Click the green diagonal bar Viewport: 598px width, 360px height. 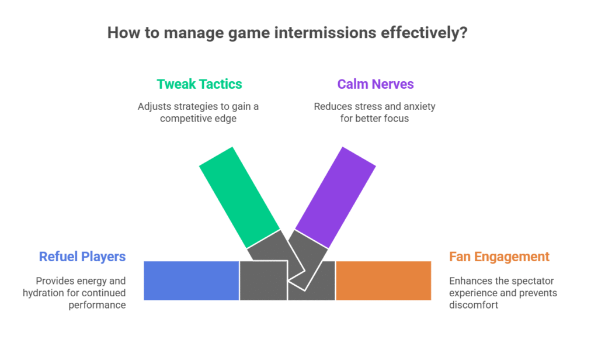[x=239, y=198]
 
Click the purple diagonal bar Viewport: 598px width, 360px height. [x=336, y=198]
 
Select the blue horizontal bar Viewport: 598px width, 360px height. [x=192, y=281]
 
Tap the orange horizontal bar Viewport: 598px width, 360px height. [x=384, y=281]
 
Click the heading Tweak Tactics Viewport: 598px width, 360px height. [x=199, y=84]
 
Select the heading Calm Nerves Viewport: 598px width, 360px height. [x=376, y=84]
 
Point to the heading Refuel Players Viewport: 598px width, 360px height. [x=82, y=257]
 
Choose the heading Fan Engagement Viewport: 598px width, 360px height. [x=499, y=257]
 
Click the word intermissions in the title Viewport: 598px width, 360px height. [x=325, y=33]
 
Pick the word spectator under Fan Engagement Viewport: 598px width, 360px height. [x=536, y=281]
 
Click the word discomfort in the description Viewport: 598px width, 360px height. [x=473, y=305]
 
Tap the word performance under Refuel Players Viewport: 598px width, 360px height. [x=97, y=305]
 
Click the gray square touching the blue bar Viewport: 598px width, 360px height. [x=263, y=281]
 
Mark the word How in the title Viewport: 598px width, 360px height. [x=121, y=33]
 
